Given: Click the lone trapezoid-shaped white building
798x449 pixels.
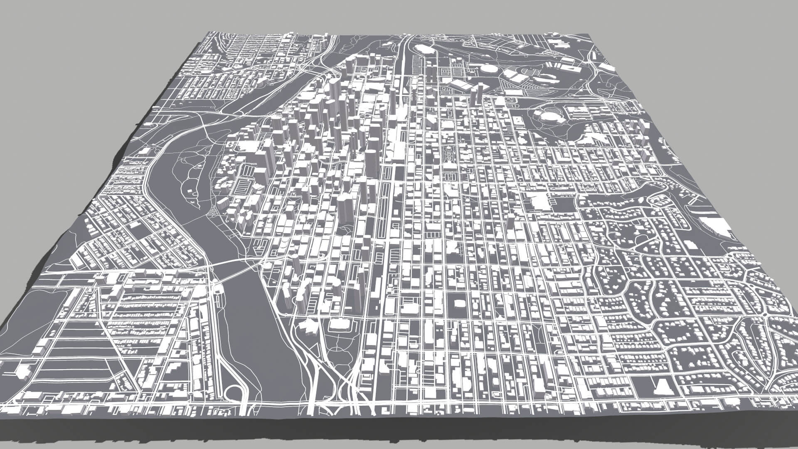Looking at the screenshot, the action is [x=661, y=387].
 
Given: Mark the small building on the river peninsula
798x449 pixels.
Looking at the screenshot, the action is [x=192, y=192].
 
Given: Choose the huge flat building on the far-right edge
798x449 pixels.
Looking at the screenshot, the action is [x=717, y=227].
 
